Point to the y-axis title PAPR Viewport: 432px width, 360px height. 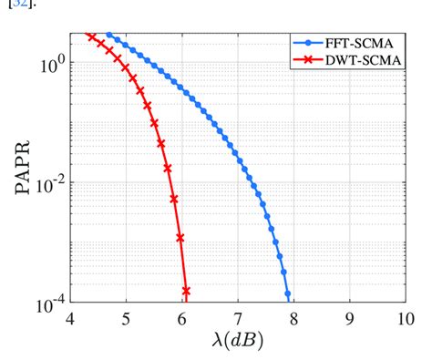point(20,165)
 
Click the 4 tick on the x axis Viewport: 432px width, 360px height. point(70,318)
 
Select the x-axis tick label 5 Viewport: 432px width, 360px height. point(127,318)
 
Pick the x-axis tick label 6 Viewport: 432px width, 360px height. point(182,318)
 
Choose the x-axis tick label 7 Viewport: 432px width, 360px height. point(238,318)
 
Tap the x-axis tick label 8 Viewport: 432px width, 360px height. point(293,318)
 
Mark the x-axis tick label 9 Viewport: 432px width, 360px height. point(349,318)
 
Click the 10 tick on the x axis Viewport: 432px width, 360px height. point(404,318)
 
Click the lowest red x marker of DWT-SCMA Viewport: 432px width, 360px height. point(186,291)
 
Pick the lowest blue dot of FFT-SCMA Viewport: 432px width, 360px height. point(287,293)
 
